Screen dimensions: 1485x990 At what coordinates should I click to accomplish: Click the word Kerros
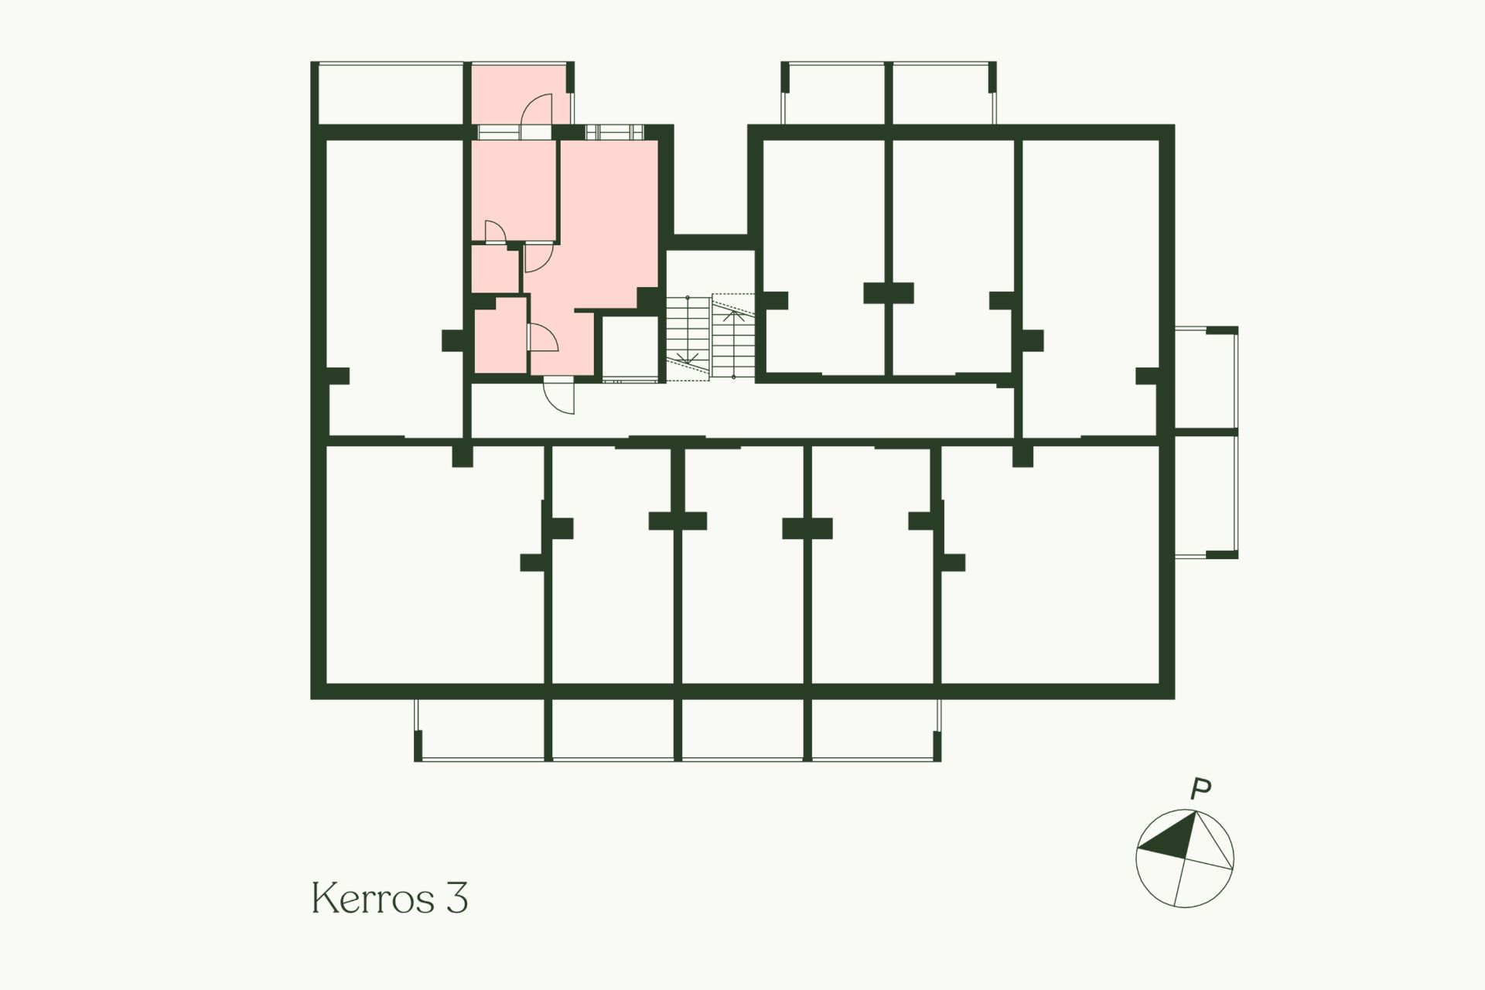click(x=374, y=898)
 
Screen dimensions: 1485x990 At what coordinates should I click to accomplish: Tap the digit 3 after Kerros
click(x=457, y=898)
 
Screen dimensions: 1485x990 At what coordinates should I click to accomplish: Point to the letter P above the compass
click(x=1200, y=790)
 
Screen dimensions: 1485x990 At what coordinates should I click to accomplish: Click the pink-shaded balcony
click(x=521, y=94)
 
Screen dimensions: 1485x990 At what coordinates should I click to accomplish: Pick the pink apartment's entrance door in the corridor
click(x=559, y=395)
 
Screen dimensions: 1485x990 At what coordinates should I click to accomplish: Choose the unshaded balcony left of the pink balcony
click(x=391, y=93)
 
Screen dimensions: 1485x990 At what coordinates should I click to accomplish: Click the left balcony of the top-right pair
click(x=835, y=93)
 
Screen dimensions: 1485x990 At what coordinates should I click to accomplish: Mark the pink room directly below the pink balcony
click(x=514, y=189)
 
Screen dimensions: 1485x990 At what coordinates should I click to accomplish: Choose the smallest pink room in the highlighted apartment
click(x=495, y=269)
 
